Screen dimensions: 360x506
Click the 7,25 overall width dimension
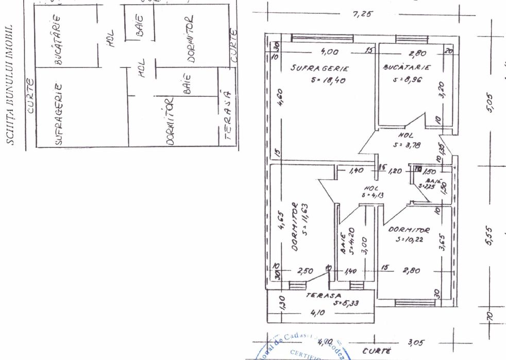pos(362,14)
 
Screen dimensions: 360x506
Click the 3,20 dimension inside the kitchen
pos(441,91)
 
